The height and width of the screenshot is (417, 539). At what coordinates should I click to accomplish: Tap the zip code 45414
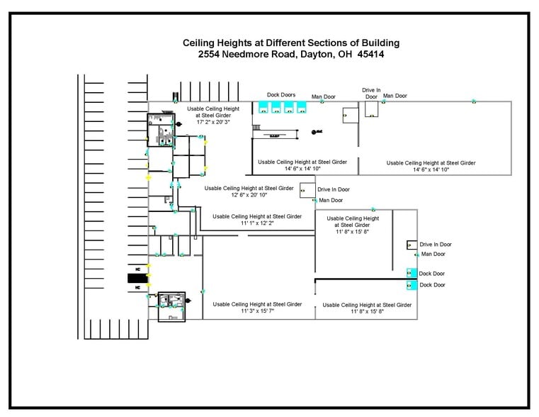point(370,54)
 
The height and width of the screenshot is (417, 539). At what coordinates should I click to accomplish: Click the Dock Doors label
point(281,94)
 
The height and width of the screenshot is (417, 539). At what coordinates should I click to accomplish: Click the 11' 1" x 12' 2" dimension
point(256,223)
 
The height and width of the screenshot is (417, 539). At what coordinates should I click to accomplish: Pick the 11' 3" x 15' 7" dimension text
point(256,311)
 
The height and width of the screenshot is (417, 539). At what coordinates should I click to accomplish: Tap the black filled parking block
point(136,278)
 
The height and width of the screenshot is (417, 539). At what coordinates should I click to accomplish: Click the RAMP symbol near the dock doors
point(274,134)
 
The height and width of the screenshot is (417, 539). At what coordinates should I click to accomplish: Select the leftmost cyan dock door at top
point(263,107)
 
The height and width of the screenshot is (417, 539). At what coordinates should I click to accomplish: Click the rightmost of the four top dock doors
point(301,107)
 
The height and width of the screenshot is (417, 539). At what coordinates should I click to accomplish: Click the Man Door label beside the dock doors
point(323,96)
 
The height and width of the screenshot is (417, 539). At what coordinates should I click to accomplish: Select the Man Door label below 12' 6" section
point(331,200)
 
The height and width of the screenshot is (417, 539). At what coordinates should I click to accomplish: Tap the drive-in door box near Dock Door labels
point(412,245)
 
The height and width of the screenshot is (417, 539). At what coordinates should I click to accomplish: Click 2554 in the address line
point(210,54)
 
